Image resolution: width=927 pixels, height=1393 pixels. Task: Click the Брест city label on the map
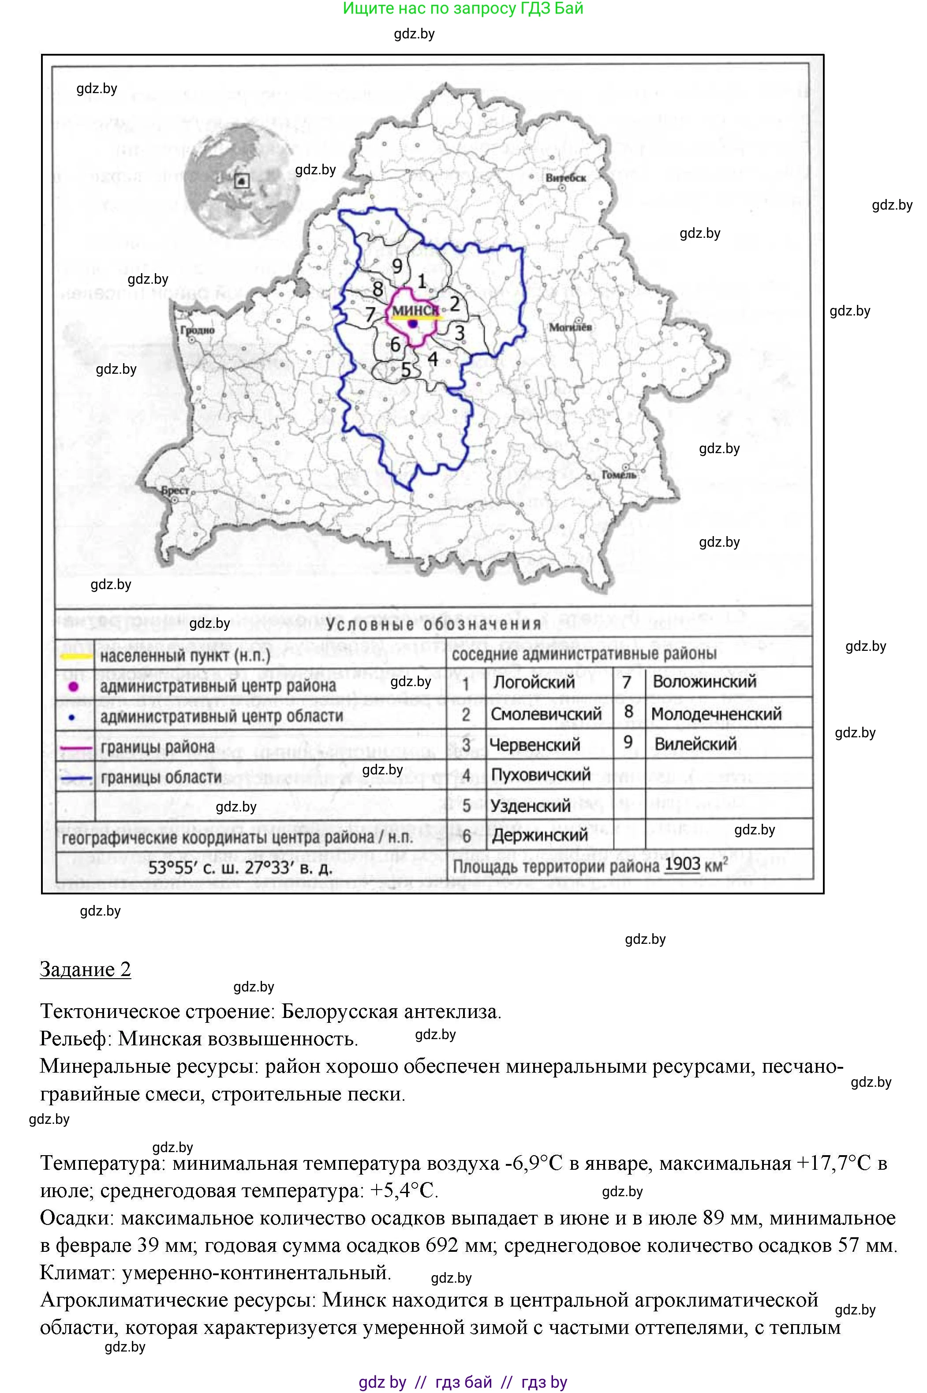click(175, 490)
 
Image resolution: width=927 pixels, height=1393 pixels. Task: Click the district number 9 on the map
click(397, 266)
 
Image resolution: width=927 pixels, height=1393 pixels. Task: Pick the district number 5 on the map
click(406, 370)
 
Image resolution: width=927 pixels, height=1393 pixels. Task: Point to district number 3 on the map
click(460, 333)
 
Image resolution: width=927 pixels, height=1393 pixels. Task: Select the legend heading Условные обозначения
click(434, 624)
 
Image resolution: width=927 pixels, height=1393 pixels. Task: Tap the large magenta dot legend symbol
click(74, 686)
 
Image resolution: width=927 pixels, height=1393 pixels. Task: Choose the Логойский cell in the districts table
click(534, 682)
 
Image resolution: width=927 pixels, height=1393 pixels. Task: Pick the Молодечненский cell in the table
click(716, 714)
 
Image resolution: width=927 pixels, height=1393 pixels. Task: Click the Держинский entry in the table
click(539, 835)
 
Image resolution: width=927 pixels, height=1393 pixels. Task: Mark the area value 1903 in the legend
click(682, 865)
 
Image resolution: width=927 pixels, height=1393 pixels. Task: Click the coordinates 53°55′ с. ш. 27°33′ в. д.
click(240, 868)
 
